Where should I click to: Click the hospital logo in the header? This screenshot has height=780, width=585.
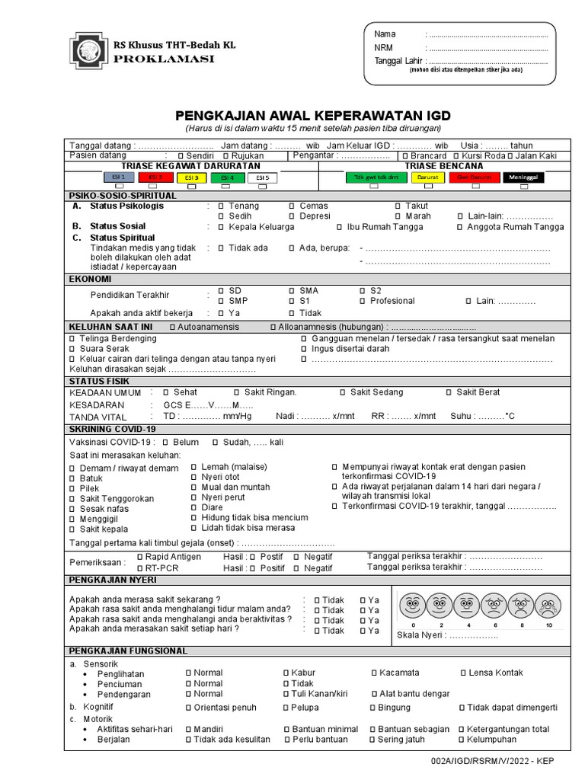point(88,51)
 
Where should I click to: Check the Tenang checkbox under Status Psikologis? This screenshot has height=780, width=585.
point(221,206)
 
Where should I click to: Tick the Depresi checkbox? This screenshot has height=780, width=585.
point(292,216)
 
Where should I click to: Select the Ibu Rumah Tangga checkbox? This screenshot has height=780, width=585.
point(339,227)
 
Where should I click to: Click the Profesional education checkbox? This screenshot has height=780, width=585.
point(363,302)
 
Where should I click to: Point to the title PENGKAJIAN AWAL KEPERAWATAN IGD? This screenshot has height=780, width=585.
point(313,116)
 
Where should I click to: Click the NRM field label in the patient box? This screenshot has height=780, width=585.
point(382,47)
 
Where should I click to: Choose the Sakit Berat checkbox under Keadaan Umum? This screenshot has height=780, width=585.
point(448,392)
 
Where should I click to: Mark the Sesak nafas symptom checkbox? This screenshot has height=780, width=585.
point(73,509)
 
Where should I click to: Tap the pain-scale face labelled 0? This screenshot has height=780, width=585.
point(412,606)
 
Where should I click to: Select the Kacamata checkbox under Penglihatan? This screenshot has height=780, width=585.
point(373,673)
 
